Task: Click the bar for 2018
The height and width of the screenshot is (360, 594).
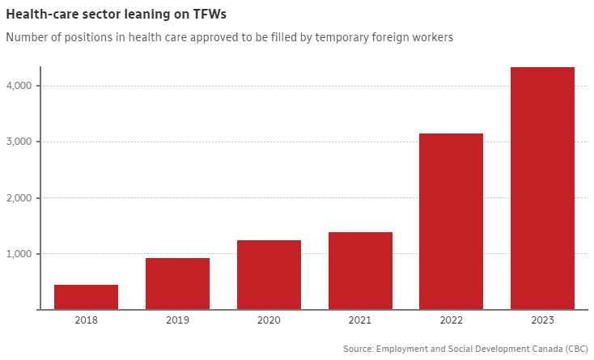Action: pos(86,297)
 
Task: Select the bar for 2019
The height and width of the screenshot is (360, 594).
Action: pos(177,283)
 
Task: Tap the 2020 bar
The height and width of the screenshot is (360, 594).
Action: pos(269,274)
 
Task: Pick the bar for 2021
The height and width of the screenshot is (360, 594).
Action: pos(360,270)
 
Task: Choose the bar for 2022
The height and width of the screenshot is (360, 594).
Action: pos(452,221)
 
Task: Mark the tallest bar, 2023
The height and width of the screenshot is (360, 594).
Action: pos(543,188)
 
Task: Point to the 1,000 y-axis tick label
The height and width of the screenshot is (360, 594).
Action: pos(18,254)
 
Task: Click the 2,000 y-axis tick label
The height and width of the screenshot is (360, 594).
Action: pos(18,198)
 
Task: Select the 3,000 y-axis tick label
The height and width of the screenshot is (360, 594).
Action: pos(18,142)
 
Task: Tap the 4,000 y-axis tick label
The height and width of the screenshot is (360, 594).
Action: pos(18,86)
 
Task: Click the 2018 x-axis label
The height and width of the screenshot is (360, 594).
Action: pos(86,321)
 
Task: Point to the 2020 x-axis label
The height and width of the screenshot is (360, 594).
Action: pos(269,321)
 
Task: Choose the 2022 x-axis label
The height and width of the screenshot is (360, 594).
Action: pos(452,321)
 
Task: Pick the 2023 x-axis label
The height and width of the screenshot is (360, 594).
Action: pos(543,321)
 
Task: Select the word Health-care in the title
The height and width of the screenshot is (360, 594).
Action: pos(41,15)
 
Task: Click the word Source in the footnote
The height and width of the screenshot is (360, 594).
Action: pos(359,349)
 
